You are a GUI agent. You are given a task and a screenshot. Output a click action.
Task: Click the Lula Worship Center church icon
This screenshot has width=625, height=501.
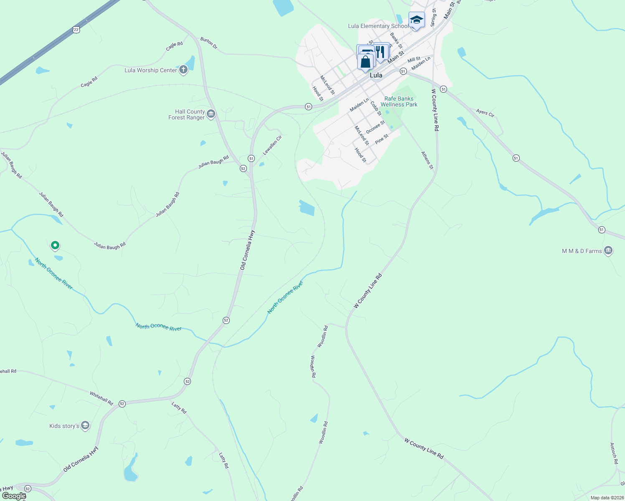(x=183, y=70)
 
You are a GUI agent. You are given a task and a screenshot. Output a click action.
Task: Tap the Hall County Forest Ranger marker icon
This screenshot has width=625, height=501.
(x=211, y=114)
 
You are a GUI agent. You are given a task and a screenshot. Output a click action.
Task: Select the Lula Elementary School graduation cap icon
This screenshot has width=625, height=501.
(x=417, y=20)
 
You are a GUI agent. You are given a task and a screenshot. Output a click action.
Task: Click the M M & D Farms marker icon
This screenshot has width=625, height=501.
(x=608, y=250)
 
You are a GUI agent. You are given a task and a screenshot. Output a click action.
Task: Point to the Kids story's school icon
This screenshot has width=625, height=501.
(x=85, y=425)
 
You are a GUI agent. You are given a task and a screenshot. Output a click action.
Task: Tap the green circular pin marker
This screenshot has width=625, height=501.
(x=55, y=245)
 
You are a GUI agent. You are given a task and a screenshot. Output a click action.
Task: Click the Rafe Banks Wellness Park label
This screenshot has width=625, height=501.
(x=399, y=102)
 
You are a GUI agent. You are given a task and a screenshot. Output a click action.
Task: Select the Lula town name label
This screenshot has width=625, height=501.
(x=376, y=76)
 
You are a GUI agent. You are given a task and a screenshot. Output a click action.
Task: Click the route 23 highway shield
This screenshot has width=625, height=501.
(x=76, y=29)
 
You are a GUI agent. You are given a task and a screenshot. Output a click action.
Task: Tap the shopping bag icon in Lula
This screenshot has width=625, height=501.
(x=365, y=62)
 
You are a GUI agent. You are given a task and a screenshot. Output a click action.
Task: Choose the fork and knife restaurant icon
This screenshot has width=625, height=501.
(x=380, y=52)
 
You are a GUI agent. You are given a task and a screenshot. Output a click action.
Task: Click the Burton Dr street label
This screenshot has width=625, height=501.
(x=209, y=43)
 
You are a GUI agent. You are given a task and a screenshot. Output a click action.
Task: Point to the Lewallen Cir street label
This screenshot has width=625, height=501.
(x=272, y=145)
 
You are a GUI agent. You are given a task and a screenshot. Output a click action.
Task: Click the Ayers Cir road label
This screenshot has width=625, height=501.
(x=485, y=113)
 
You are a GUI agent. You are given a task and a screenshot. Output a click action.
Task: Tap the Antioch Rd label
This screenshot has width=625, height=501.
(x=614, y=453)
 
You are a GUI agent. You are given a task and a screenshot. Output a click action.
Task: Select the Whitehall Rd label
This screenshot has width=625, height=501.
(x=102, y=398)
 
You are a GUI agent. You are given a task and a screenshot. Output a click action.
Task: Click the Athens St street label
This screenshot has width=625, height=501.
(x=427, y=160)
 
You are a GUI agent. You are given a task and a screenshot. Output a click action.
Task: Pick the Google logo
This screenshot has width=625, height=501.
(x=14, y=496)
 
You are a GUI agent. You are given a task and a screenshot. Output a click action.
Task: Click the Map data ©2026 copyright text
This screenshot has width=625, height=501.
(x=605, y=498)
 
